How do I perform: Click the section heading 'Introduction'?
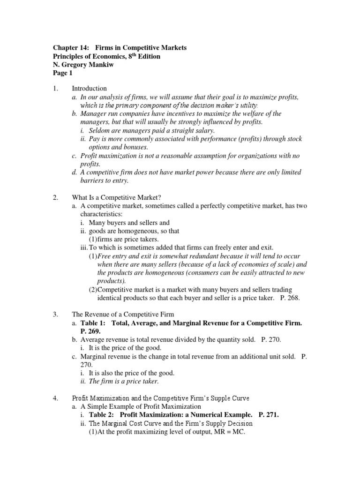coord(89,88)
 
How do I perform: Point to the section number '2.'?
coord(55,197)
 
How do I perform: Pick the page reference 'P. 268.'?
coord(287,298)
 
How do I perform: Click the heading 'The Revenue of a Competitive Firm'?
coord(123,314)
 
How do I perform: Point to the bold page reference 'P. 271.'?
coord(271,415)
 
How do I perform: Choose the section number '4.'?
coord(55,398)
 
